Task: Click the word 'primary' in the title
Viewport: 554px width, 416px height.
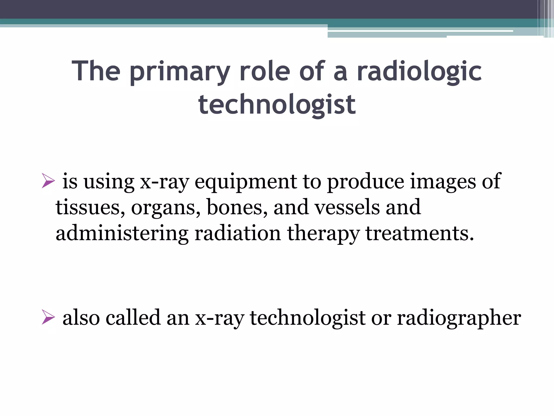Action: [180, 72]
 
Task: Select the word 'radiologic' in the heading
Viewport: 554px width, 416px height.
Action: [419, 72]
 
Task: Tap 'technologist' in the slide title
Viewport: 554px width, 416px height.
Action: [277, 105]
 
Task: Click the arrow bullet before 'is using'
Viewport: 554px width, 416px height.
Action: [48, 181]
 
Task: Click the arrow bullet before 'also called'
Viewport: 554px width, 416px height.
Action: [48, 317]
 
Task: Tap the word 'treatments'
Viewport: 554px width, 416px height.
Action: [419, 233]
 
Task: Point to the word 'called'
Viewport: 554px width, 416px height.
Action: [133, 317]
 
